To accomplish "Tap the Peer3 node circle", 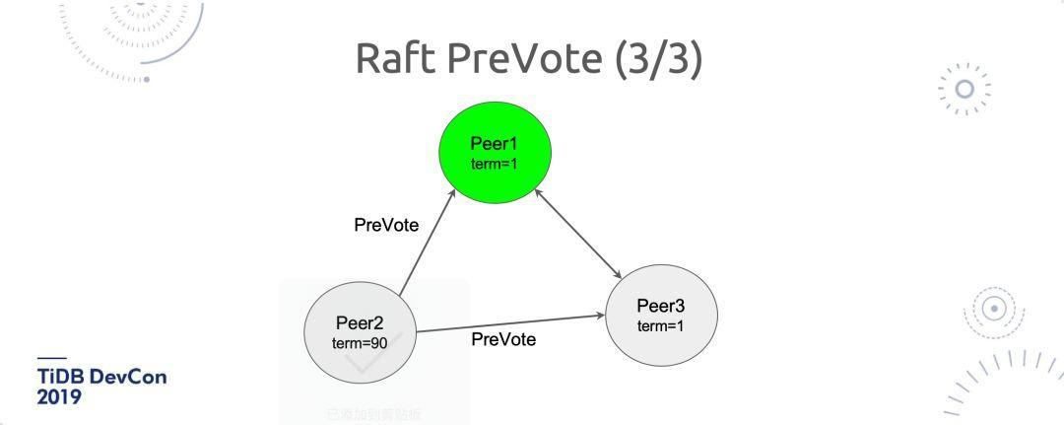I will pyautogui.click(x=661, y=315).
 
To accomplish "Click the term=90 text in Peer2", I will pyautogui.click(x=360, y=343).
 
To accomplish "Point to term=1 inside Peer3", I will pyautogui.click(x=661, y=326).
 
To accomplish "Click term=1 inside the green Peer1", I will pyautogui.click(x=495, y=164).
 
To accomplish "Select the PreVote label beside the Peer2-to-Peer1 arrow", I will pyautogui.click(x=386, y=226).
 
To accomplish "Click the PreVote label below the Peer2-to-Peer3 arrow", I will pyautogui.click(x=503, y=340).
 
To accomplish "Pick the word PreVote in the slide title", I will pyautogui.click(x=526, y=58).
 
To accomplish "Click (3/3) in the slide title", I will pyautogui.click(x=659, y=58).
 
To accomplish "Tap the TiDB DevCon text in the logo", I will pyautogui.click(x=101, y=378).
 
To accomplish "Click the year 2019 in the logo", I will pyautogui.click(x=59, y=397).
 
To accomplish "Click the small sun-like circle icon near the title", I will pyautogui.click(x=965, y=89).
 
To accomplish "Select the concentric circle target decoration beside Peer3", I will pyautogui.click(x=995, y=309).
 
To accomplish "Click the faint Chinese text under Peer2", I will pyautogui.click(x=373, y=414).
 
